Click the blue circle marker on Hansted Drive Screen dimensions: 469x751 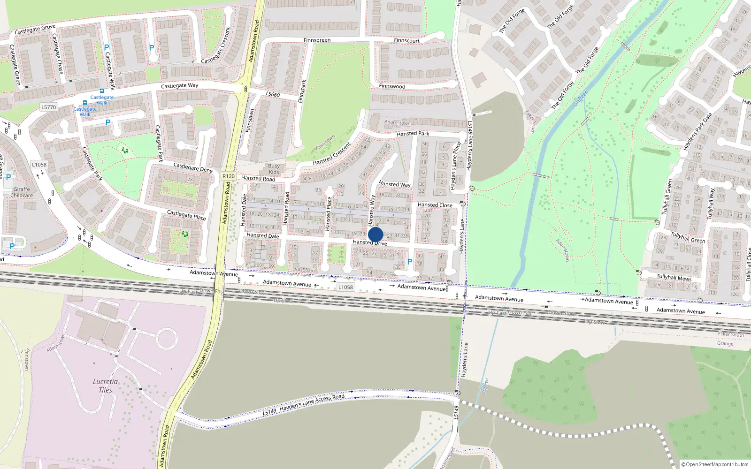click(375, 234)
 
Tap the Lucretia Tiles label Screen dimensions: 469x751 click(105, 386)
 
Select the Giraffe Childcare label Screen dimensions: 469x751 click(22, 192)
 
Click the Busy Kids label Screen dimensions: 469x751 click(274, 169)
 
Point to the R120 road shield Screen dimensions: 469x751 click(228, 176)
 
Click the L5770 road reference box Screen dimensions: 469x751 click(48, 107)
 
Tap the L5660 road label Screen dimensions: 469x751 click(273, 94)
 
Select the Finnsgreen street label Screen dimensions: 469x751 click(317, 40)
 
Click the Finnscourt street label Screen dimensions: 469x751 click(406, 40)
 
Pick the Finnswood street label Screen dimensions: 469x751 click(392, 86)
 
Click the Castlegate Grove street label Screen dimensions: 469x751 click(35, 30)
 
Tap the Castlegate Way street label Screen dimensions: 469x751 click(179, 86)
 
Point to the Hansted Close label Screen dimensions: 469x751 click(435, 205)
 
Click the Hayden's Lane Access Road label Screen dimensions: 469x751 click(312, 402)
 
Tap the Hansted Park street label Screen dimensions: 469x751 click(413, 134)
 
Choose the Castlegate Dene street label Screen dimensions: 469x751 click(193, 167)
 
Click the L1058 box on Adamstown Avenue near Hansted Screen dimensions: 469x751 click(345, 287)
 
